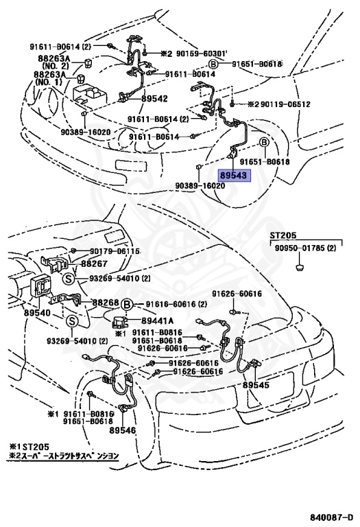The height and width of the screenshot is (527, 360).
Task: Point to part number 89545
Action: point(255,385)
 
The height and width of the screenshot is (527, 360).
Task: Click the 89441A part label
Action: point(158,320)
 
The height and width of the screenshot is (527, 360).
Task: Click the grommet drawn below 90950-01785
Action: point(300,264)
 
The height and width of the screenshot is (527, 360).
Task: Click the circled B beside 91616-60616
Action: point(128,303)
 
